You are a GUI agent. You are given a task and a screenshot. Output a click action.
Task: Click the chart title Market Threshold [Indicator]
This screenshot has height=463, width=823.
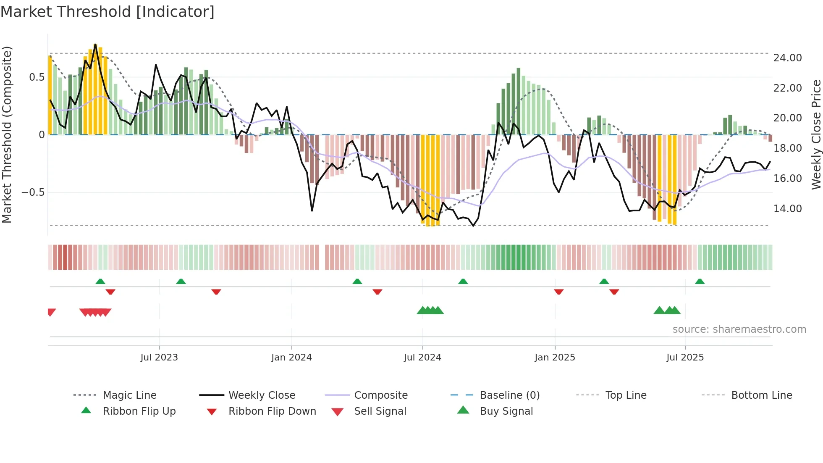point(107,12)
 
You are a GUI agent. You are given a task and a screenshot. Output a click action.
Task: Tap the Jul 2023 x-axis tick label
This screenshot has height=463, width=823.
point(159,358)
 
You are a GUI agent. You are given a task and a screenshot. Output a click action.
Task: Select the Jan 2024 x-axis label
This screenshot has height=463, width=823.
point(291,358)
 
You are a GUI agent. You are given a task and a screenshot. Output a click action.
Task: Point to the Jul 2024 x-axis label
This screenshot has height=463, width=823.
point(422,358)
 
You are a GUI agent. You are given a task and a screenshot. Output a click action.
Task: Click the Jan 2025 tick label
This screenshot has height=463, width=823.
point(555,358)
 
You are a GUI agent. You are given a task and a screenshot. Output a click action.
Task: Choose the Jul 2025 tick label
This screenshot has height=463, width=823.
point(685,358)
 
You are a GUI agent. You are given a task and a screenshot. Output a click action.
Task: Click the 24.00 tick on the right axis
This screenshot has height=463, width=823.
point(787,58)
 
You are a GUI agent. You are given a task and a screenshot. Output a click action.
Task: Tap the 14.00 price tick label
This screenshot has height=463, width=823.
point(787,209)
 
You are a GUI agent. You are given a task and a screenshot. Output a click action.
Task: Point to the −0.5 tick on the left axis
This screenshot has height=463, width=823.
point(33,192)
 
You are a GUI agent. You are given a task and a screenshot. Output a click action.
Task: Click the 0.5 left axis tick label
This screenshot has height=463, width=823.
point(37,77)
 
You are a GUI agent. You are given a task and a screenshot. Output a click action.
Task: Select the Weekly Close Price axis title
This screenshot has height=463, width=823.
point(816,134)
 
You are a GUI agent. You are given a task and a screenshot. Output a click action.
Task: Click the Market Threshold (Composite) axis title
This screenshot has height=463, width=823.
point(7,134)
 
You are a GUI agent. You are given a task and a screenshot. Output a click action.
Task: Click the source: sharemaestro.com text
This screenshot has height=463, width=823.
point(739,329)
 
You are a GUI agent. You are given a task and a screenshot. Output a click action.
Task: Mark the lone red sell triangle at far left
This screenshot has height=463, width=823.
point(51,312)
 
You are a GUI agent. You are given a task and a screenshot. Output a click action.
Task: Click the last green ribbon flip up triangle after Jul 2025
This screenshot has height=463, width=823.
point(700,281)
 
